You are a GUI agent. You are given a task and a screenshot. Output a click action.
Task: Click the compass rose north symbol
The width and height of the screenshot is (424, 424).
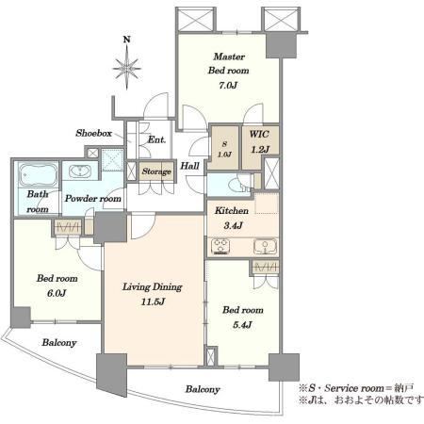126,63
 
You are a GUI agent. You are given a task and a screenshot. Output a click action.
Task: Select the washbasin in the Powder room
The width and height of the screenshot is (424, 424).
80,171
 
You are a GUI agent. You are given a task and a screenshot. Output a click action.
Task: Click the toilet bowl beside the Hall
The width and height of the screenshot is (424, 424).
238,186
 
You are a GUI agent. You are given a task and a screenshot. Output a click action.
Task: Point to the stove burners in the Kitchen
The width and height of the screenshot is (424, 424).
220,246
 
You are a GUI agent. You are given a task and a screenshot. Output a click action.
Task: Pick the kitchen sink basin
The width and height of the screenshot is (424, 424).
266,247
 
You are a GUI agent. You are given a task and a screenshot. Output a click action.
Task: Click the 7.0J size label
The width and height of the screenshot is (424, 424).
228,85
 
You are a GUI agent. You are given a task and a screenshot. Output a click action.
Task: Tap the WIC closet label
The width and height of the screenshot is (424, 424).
259,134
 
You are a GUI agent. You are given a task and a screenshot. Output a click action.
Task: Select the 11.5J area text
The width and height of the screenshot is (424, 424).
153,302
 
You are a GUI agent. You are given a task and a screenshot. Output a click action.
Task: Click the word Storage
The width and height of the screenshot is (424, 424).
156,171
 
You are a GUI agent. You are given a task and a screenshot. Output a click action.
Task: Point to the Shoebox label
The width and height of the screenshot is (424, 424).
93,133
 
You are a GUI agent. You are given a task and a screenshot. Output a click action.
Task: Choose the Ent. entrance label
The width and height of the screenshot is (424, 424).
156,139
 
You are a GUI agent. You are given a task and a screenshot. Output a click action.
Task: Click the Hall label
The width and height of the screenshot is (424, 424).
189,166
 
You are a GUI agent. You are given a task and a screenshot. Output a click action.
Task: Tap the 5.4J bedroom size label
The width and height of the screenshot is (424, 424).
242,325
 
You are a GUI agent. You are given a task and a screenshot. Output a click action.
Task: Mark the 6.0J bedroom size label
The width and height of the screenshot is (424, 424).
57,293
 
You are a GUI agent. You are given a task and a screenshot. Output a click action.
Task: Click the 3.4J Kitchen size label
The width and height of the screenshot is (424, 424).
233,225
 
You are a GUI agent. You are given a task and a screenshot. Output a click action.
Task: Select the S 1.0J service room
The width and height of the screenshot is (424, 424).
224,148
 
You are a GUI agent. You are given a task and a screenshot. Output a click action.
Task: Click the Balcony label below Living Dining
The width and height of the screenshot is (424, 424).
203,389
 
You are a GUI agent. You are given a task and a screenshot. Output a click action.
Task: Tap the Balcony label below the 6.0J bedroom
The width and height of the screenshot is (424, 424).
59,343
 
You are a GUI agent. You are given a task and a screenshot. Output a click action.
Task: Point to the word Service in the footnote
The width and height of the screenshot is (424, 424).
342,388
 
